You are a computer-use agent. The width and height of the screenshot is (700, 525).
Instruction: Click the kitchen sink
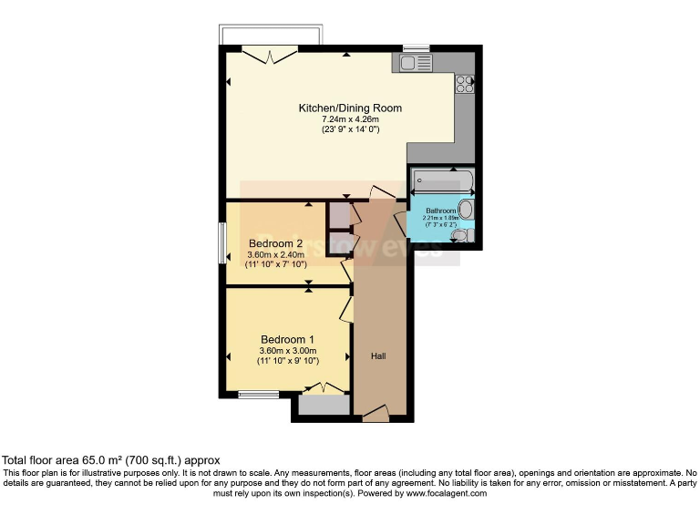pyautogui.click(x=416, y=63)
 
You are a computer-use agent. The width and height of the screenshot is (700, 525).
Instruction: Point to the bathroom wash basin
pyautogui.click(x=466, y=211)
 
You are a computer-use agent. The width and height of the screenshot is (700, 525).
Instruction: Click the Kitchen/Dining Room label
pyautogui.click(x=350, y=108)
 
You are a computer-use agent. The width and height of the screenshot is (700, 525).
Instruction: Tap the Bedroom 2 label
pyautogui.click(x=275, y=243)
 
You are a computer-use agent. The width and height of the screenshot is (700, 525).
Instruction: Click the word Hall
pyautogui.click(x=377, y=355)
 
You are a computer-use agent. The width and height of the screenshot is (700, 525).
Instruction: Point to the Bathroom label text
pyautogui.click(x=441, y=211)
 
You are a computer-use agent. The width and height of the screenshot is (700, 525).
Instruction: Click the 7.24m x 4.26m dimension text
pyautogui.click(x=350, y=119)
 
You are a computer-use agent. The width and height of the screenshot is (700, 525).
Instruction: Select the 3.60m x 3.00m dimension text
pyautogui.click(x=287, y=351)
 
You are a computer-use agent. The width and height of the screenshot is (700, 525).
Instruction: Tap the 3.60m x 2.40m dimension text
pyautogui.click(x=275, y=254)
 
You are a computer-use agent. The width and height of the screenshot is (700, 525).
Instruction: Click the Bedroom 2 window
pyautogui.click(x=222, y=243)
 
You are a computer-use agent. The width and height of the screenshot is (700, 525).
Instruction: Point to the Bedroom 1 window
pyautogui.click(x=259, y=395)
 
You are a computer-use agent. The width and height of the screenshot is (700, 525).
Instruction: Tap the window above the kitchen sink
pyautogui.click(x=417, y=47)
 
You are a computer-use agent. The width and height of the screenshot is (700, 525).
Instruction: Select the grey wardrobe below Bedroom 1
pyautogui.click(x=324, y=406)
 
